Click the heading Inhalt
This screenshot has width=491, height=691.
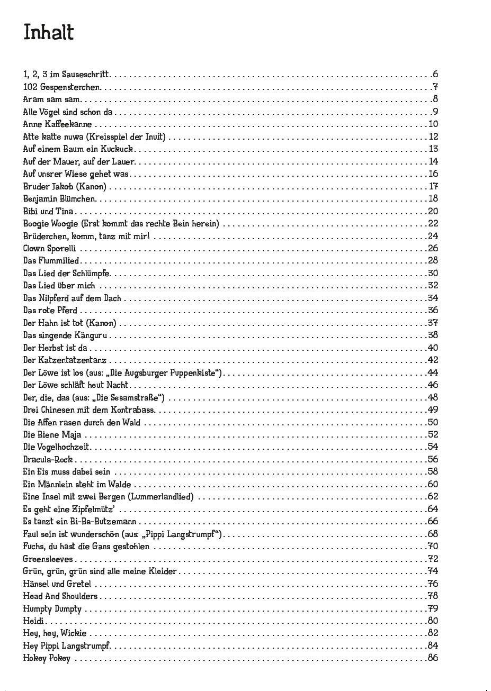48,32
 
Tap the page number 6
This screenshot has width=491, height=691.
435,75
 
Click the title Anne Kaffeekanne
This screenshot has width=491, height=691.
57,124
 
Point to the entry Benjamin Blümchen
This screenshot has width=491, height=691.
59,199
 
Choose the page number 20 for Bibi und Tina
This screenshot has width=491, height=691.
433,211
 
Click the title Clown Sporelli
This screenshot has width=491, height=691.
50,248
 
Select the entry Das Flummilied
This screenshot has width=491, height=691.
51,261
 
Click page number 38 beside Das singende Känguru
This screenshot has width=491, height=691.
433,335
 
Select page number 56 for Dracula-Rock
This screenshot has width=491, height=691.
433,460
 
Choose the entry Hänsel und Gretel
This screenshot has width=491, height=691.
57,584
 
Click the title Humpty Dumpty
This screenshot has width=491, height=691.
52,609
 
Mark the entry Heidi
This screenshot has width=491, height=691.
33,621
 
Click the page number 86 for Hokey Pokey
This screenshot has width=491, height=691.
433,659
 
